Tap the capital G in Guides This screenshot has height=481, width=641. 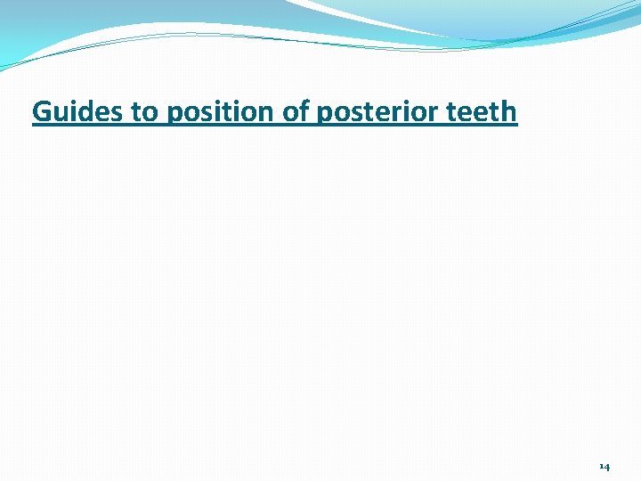pyautogui.click(x=41, y=112)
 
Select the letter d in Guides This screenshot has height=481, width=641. pyautogui.click(x=75, y=112)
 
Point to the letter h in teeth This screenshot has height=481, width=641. pyautogui.click(x=508, y=112)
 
